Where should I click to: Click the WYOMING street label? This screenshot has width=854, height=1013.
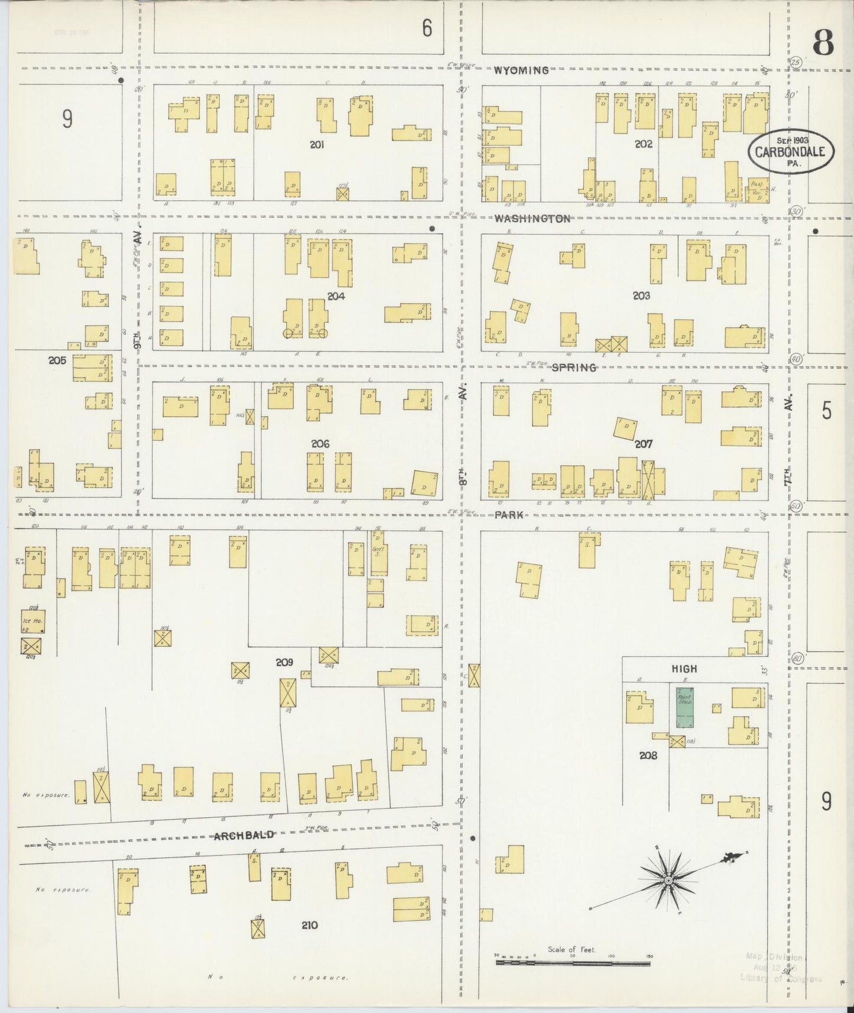point(522,70)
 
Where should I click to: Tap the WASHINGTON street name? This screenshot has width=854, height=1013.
point(532,219)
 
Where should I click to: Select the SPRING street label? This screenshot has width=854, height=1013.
point(573,368)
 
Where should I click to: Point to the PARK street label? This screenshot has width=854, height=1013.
point(509,515)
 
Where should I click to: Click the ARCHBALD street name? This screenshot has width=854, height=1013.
point(244,835)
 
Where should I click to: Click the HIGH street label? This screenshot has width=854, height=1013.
point(684,669)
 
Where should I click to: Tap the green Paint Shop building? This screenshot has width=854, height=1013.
point(685,707)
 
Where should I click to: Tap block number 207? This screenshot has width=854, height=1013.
point(643,443)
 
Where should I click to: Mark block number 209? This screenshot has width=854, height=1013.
point(284,663)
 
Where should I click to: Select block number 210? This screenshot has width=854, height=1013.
point(309,925)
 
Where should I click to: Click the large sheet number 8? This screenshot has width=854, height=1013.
point(823,43)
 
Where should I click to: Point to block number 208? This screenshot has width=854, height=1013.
point(648,755)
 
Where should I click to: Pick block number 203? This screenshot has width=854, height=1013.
point(641,296)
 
